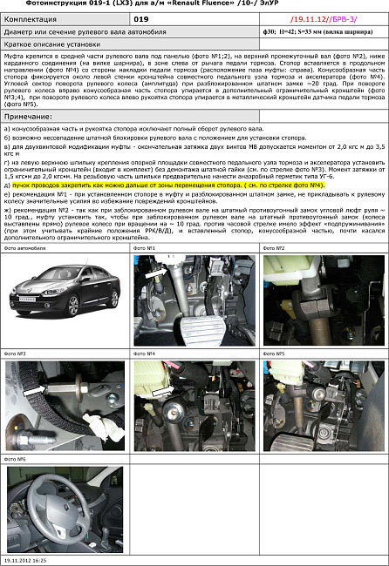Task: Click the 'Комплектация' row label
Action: coord(32,17)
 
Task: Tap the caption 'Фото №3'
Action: coord(16,354)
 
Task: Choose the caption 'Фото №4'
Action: coord(145,354)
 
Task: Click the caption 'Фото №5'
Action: coord(275,354)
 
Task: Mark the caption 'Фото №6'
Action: coord(16,458)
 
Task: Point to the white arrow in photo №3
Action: coord(35,391)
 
